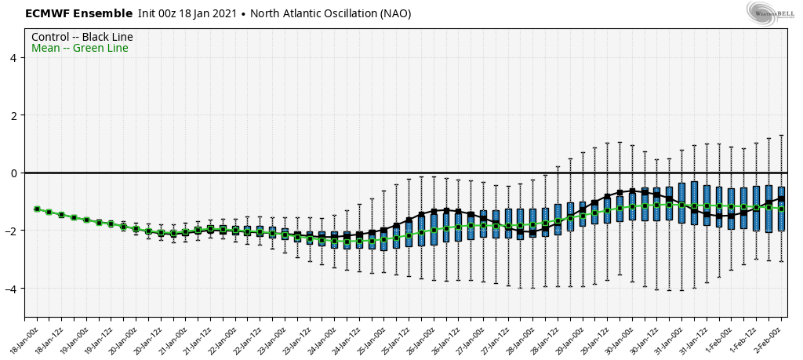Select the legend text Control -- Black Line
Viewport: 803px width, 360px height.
pos(82,37)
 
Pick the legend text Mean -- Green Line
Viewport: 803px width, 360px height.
pos(80,49)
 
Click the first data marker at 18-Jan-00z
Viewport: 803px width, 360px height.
pos(37,209)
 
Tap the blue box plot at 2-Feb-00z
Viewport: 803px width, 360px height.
pos(781,208)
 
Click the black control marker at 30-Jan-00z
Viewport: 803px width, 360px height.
pos(632,191)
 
